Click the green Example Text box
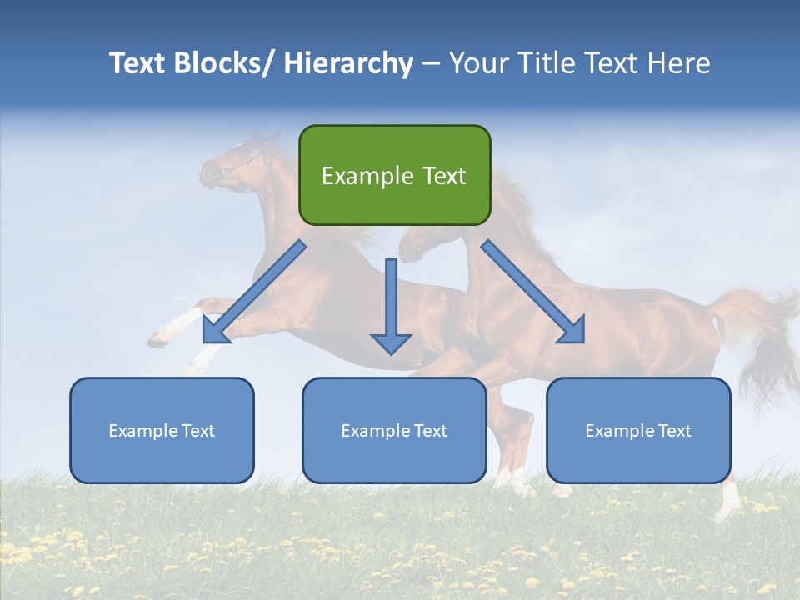(x=394, y=175)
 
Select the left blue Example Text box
(x=162, y=430)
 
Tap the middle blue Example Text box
(x=394, y=430)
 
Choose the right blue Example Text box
(x=638, y=430)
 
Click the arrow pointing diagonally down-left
(x=254, y=292)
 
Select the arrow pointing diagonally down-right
(x=533, y=292)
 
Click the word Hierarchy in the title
(x=348, y=63)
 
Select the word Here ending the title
(x=679, y=63)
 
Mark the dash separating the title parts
(x=431, y=64)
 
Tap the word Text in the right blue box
(x=674, y=430)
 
